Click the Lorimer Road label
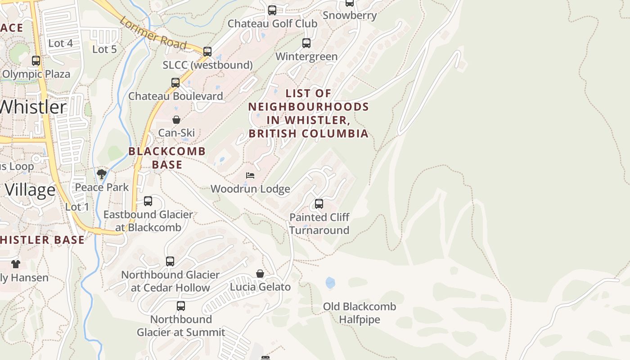click(153, 33)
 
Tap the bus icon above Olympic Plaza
click(36, 61)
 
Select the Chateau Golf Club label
click(272, 23)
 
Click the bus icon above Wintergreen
click(306, 43)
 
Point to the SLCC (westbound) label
click(207, 65)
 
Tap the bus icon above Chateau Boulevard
click(175, 83)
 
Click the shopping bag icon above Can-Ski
click(176, 120)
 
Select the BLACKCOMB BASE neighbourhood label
click(167, 158)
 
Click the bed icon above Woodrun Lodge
click(250, 175)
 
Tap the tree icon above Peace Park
click(102, 174)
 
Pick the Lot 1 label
click(77, 207)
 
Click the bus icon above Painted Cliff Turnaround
click(319, 204)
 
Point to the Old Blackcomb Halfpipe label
click(360, 313)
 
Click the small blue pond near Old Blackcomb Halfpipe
click(330, 283)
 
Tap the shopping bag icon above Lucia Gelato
click(260, 274)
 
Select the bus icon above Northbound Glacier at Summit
click(181, 306)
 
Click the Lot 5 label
click(104, 49)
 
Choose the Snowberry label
click(350, 15)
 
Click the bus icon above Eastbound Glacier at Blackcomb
click(148, 201)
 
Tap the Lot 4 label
click(60, 43)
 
